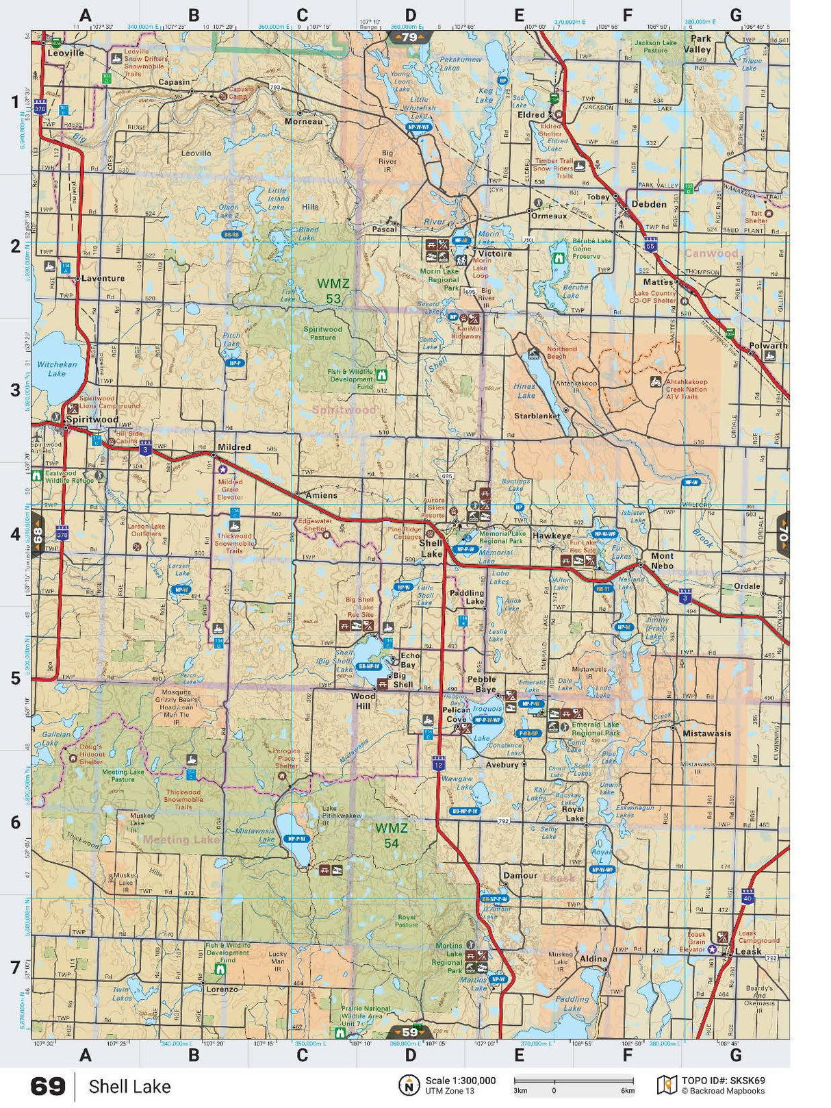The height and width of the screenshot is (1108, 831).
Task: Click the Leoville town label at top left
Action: pyautogui.click(x=66, y=53)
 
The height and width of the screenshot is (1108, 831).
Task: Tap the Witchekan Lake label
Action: pyautogui.click(x=57, y=369)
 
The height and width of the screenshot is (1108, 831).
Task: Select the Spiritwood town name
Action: pyautogui.click(x=92, y=419)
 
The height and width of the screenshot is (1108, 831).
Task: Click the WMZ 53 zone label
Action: pyautogui.click(x=333, y=290)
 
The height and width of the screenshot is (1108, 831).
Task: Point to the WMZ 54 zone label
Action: pyautogui.click(x=391, y=835)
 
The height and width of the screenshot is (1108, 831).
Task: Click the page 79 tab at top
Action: pyautogui.click(x=409, y=37)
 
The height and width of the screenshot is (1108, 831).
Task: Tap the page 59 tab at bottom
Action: pyautogui.click(x=409, y=1032)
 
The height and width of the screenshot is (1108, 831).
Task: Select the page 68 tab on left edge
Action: pyautogui.click(x=38, y=533)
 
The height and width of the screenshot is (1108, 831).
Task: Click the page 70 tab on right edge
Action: pyautogui.click(x=782, y=533)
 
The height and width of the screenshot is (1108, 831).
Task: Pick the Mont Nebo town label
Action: pyautogui.click(x=662, y=560)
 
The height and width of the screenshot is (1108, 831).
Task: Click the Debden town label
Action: pyautogui.click(x=648, y=204)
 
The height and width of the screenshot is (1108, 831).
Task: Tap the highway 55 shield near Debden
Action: pyautogui.click(x=650, y=245)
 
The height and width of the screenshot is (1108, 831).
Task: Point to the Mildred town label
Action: pyautogui.click(x=234, y=447)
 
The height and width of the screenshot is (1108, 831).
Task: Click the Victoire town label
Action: pyautogui.click(x=495, y=253)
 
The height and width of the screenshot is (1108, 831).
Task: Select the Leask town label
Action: pyautogui.click(x=747, y=951)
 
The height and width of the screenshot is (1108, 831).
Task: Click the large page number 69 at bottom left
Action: pyautogui.click(x=48, y=1086)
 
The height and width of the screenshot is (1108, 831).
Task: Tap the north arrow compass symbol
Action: pyautogui.click(x=409, y=1085)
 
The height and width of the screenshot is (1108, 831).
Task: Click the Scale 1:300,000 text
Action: pyautogui.click(x=460, y=1081)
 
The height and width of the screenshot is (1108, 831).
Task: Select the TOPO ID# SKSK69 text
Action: pyautogui.click(x=723, y=1081)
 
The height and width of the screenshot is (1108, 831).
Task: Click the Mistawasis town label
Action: pyautogui.click(x=706, y=733)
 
